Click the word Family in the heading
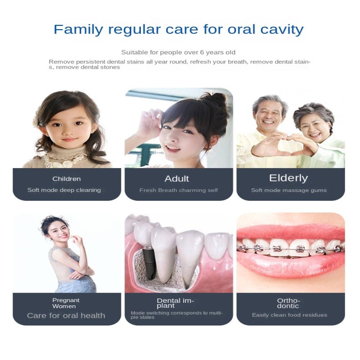78,30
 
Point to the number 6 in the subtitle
202,52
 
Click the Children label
67,179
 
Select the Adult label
176,179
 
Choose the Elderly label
288,178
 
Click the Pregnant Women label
66,303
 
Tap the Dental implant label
175,303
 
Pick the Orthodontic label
288,303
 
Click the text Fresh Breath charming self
179,190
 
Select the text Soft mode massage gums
289,190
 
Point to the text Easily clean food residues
289,315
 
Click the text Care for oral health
66,315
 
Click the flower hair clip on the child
37,118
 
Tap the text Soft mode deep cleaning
64,190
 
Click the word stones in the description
109,67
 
